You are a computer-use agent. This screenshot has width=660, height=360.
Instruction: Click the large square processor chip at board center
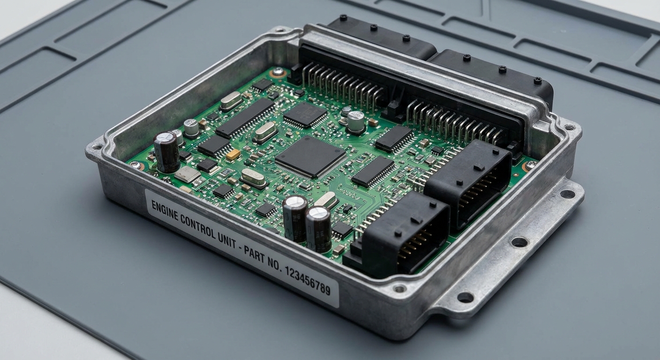310,157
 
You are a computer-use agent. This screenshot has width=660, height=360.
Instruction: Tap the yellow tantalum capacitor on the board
233,154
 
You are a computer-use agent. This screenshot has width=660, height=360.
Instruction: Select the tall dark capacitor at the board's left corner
166,151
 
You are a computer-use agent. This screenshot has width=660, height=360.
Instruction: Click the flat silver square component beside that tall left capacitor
187,174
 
